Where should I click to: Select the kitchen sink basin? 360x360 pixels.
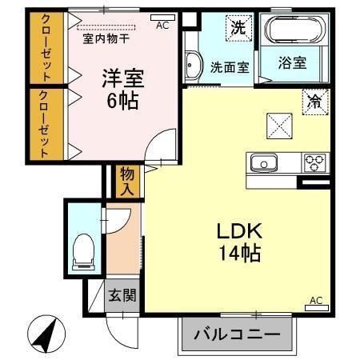[262, 164]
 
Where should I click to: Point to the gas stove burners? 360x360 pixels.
[312, 163]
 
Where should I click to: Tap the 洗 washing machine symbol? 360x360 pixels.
[238, 27]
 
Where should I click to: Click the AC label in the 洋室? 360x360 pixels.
[162, 25]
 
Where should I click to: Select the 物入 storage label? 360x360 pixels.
[126, 182]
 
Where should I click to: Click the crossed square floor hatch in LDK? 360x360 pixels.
[280, 124]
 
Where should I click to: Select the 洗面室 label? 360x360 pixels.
[230, 67]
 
